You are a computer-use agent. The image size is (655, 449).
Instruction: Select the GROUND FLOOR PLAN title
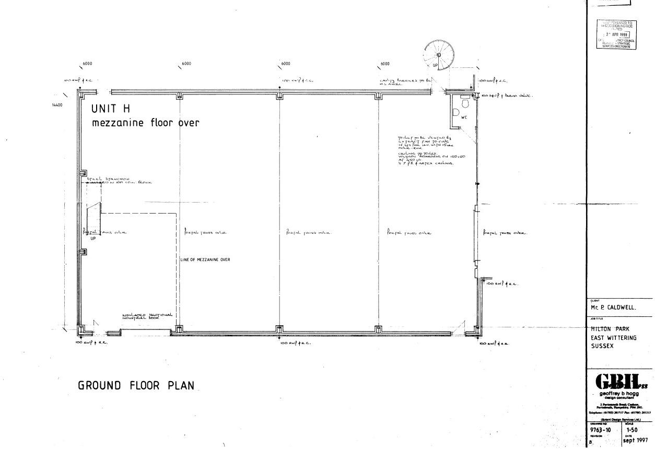136,386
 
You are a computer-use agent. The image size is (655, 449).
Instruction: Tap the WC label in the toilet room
464,117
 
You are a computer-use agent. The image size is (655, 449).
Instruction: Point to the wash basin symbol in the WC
455,112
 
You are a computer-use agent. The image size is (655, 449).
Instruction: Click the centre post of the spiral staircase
439,55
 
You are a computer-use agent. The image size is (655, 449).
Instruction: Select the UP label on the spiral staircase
435,65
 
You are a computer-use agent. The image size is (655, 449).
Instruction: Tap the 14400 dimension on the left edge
57,105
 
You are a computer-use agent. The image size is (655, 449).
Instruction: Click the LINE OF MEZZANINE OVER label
205,259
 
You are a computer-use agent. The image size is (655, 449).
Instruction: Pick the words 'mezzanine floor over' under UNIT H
146,123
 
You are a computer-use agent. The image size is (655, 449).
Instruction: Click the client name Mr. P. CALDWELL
613,308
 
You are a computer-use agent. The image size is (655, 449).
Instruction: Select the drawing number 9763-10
601,430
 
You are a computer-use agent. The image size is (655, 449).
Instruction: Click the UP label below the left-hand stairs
93,239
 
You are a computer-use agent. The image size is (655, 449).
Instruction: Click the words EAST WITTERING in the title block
614,338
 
